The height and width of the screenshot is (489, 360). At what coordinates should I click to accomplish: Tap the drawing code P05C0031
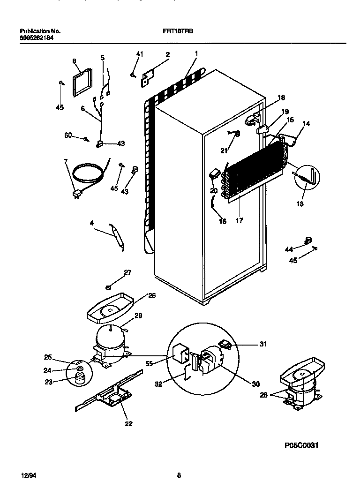[301, 445]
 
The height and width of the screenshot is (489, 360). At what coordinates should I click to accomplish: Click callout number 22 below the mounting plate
[128, 424]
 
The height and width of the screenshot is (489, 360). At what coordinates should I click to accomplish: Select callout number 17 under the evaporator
[239, 220]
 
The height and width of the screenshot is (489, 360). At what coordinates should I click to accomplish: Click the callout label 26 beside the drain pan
[151, 296]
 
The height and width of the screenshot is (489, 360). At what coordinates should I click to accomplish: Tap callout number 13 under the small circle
[300, 204]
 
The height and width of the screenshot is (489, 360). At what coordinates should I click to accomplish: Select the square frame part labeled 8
[82, 83]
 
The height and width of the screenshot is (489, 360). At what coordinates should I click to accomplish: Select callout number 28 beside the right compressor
[264, 395]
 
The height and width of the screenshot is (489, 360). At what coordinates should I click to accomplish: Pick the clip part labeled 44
[307, 241]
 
